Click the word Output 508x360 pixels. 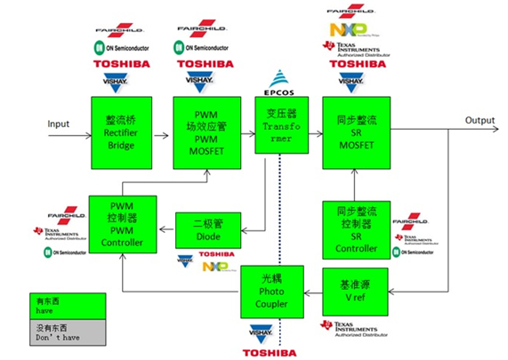tap(480, 121)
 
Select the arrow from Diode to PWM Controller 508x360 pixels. tap(165, 229)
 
